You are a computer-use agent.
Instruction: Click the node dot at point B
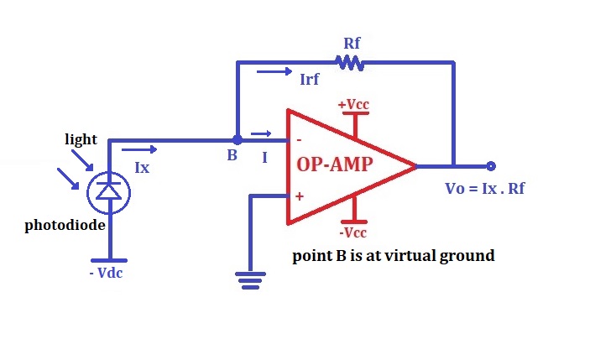click(x=238, y=139)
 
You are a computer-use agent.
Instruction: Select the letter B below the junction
click(x=232, y=156)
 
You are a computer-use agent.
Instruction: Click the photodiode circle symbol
click(x=107, y=192)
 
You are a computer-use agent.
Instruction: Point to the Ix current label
click(x=142, y=167)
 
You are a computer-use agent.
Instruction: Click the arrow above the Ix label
click(x=144, y=149)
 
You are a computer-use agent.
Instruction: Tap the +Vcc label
click(x=353, y=105)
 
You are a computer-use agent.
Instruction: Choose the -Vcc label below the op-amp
click(x=352, y=232)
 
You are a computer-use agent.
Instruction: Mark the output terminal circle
click(x=491, y=166)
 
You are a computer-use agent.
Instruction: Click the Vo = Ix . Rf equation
click(x=484, y=188)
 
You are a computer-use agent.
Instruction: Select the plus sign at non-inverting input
click(x=299, y=196)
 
